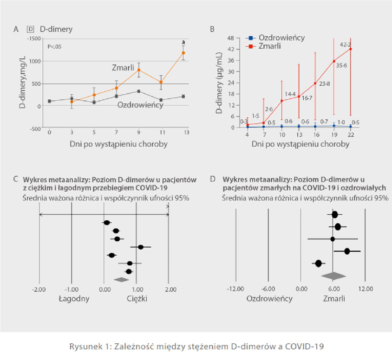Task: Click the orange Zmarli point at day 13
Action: coord(183,52)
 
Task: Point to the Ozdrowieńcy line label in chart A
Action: coord(140,105)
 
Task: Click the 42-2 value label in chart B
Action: coord(346,45)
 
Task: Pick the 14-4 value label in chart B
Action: coord(290,94)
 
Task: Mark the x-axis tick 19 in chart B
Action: coord(333,135)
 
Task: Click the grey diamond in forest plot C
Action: coord(121,279)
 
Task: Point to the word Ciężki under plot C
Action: coord(137,298)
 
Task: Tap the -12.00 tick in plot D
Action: coord(235,289)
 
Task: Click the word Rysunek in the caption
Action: coord(85,346)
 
